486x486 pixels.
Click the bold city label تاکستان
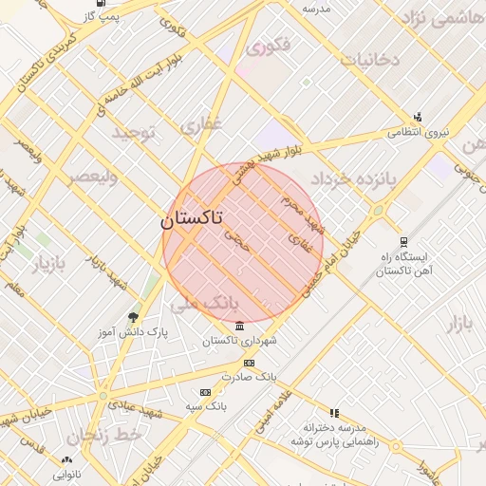coord(192,219)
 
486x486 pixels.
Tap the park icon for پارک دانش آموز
coord(132,317)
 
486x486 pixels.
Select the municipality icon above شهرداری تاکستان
coord(237,327)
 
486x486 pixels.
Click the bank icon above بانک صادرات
coord(249,363)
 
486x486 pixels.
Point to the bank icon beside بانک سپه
coord(205,391)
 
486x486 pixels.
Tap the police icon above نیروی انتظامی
coord(418,118)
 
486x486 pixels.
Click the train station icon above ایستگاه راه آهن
coord(403,242)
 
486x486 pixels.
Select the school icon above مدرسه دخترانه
coord(333,413)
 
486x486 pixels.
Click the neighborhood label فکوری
coord(268,45)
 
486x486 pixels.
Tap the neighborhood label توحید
coord(133,133)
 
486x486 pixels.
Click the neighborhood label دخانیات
coord(369,60)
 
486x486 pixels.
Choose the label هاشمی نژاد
coord(441,18)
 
